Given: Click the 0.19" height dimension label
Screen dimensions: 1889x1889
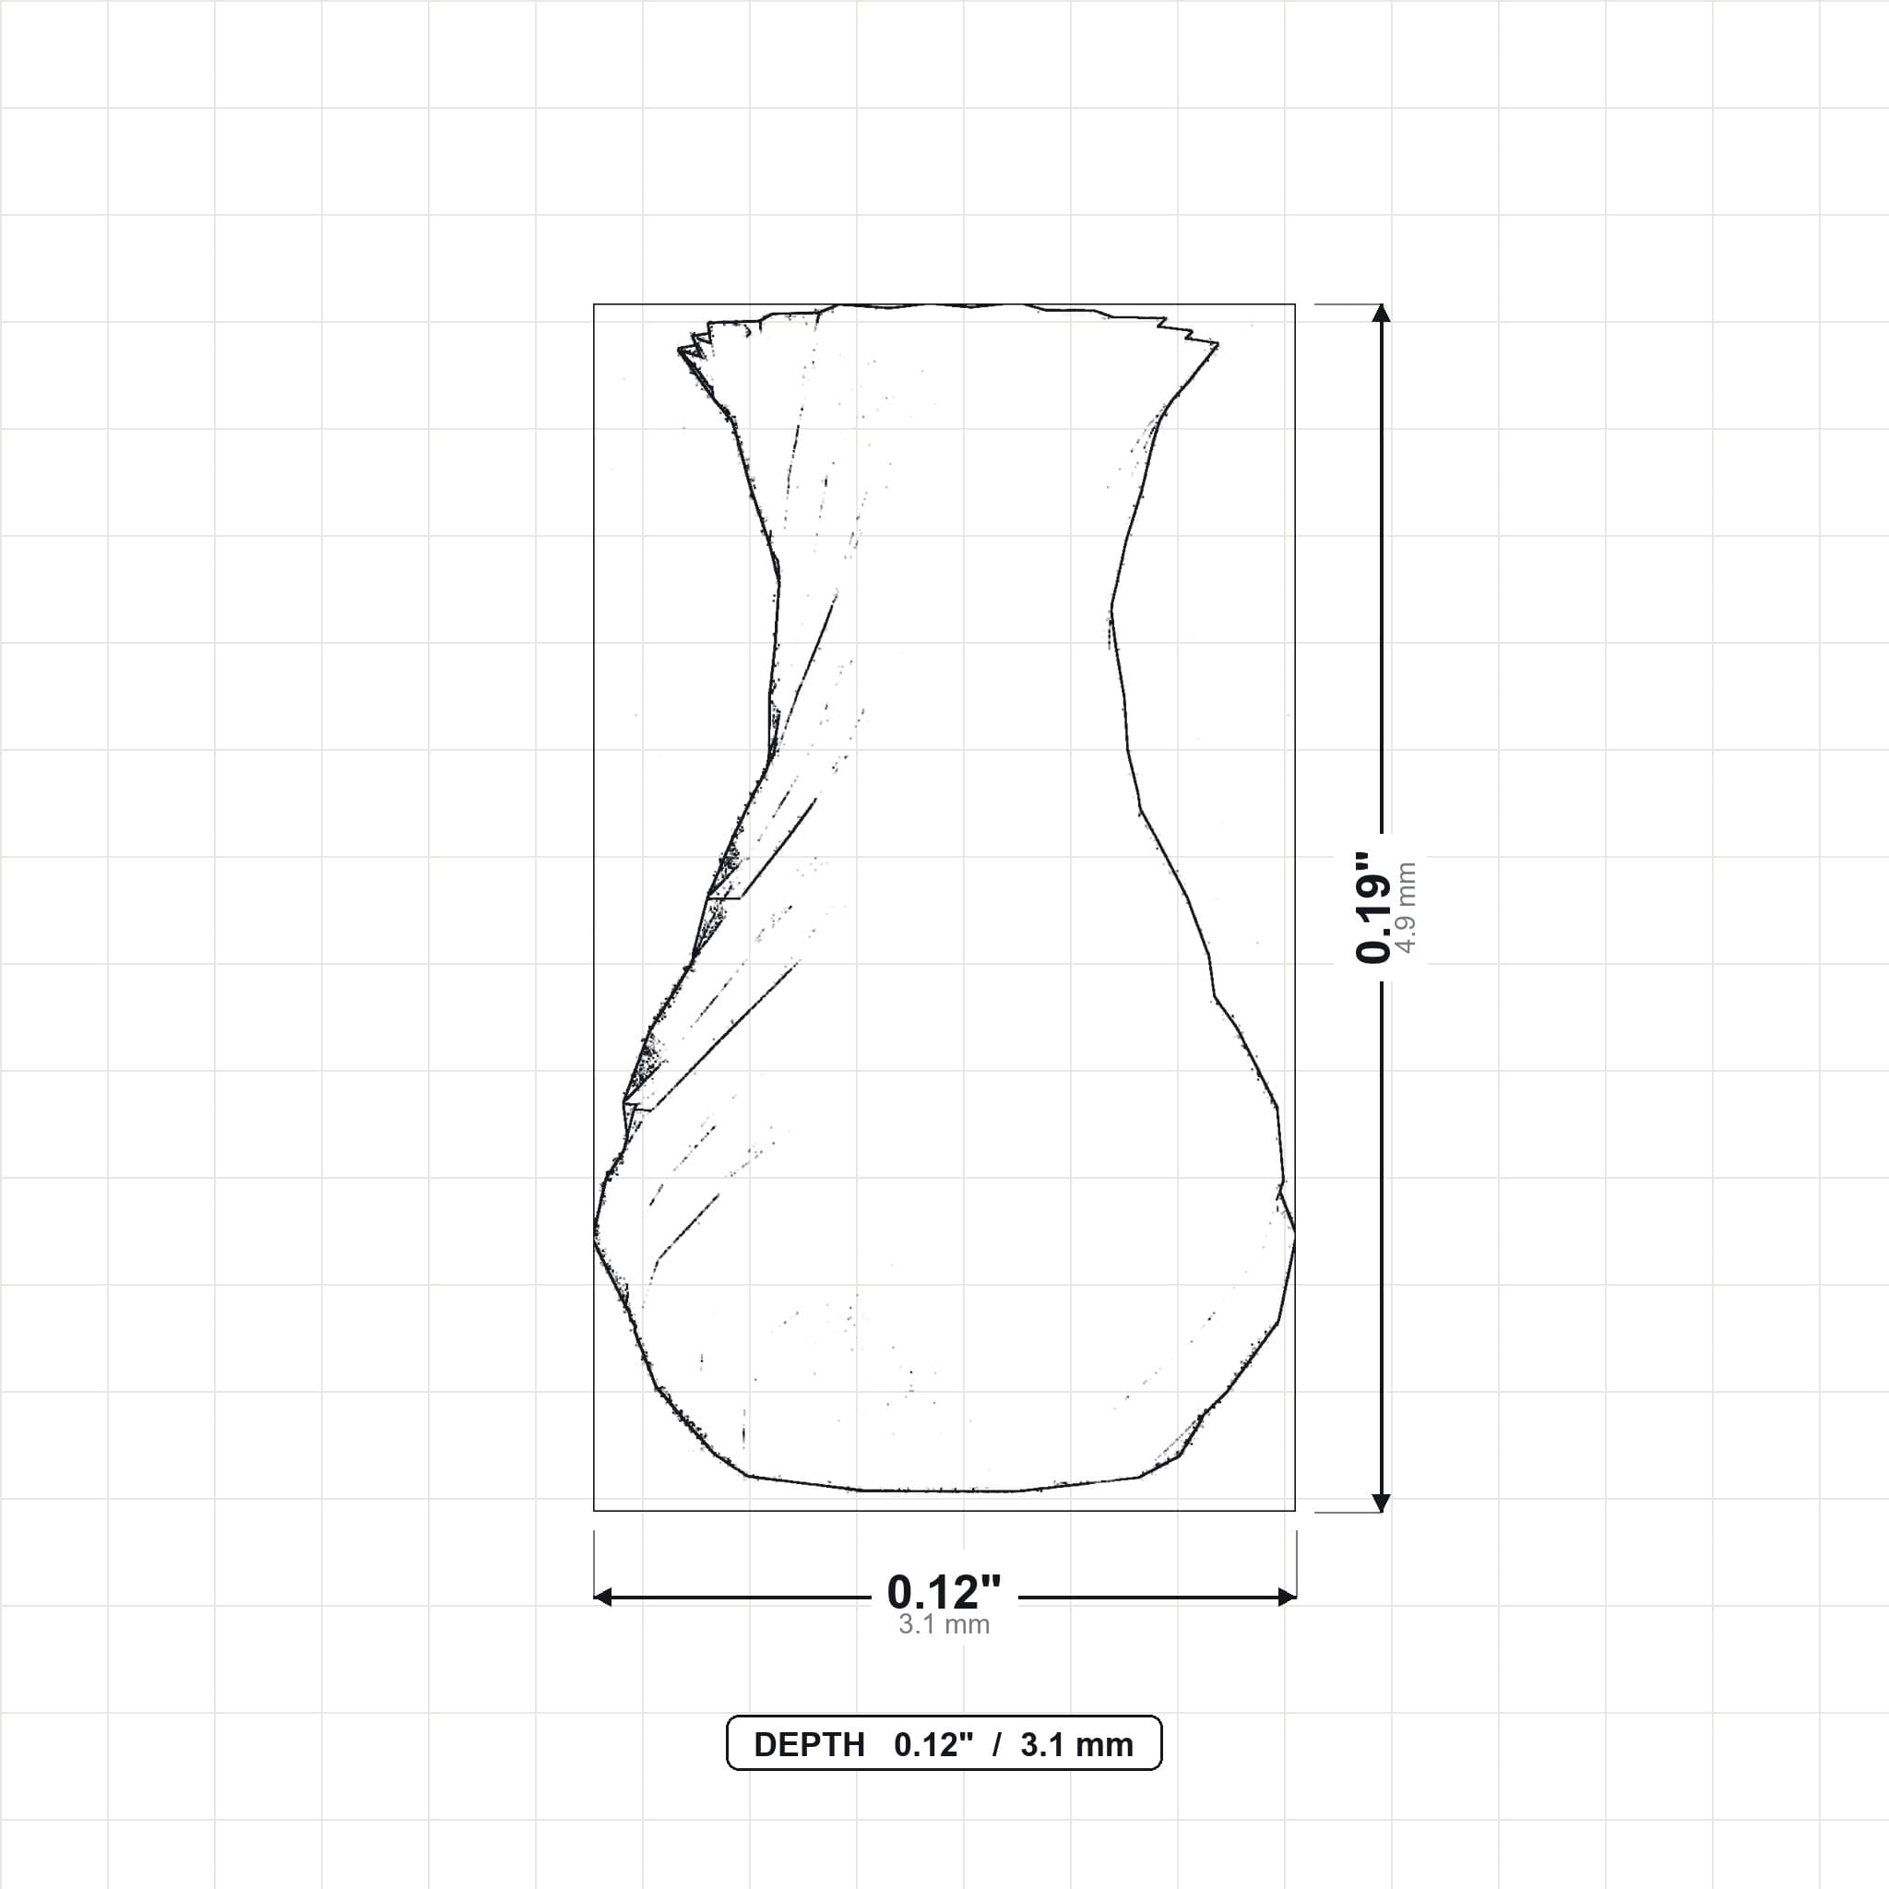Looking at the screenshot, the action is click(x=1372, y=907).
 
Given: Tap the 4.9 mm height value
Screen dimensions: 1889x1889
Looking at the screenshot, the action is click(x=1406, y=907).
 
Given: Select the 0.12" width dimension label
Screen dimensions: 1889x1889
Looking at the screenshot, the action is click(x=944, y=1593).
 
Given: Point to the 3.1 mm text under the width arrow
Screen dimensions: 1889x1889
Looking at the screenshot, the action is click(x=944, y=1625).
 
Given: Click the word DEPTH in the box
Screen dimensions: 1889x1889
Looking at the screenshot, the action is click(x=810, y=1745).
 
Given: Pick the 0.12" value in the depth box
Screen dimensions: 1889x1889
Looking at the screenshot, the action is click(x=933, y=1745).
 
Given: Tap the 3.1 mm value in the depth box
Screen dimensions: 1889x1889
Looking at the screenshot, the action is click(x=1076, y=1745).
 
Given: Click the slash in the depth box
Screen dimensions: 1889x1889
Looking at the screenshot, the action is click(x=996, y=1745).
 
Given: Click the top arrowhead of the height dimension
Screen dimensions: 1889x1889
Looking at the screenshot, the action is click(x=1381, y=313).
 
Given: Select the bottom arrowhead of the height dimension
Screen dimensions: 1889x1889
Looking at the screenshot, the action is click(x=1381, y=1503).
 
